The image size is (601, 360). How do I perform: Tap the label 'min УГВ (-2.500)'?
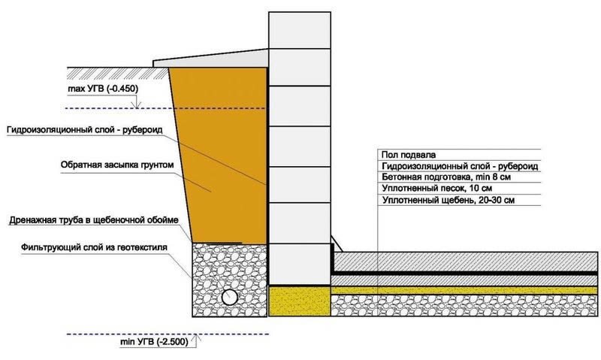[153, 342]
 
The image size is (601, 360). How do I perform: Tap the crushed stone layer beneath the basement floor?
[466, 302]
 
